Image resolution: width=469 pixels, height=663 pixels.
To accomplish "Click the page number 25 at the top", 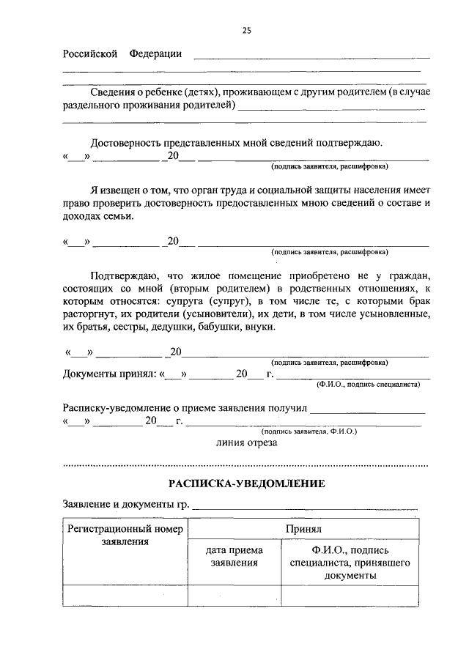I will pos(246,30).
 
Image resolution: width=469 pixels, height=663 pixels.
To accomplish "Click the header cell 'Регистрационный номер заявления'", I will pos(125,535).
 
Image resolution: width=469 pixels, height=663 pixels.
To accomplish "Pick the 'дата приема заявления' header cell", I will pos(234,556).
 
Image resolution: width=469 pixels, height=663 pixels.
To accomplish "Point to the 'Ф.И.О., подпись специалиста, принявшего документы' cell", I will pos(350,562).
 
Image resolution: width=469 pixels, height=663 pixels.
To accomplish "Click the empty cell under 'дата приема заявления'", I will pos(234,596).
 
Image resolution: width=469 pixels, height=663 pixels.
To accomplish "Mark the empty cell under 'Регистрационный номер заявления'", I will pos(125,596).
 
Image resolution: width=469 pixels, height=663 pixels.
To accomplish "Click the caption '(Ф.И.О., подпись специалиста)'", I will pos(367,383).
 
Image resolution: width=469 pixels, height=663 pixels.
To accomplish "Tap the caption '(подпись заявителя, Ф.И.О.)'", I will pos(314,431).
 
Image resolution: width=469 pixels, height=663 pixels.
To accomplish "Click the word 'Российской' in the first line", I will pos(90,54).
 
